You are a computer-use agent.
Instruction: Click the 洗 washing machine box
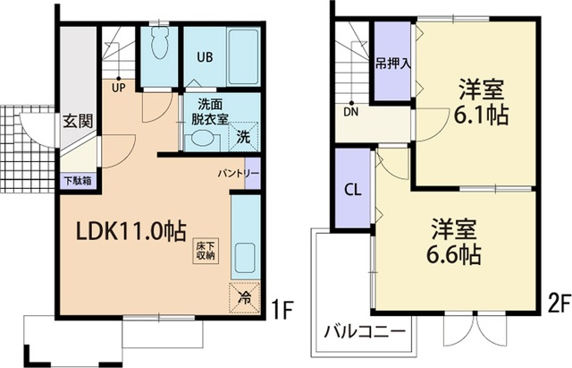click(244, 137)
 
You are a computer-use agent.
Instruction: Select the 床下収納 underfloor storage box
click(205, 249)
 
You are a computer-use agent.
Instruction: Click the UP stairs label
click(118, 88)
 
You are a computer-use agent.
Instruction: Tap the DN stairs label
click(352, 113)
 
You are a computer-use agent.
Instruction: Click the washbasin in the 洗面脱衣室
click(204, 139)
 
